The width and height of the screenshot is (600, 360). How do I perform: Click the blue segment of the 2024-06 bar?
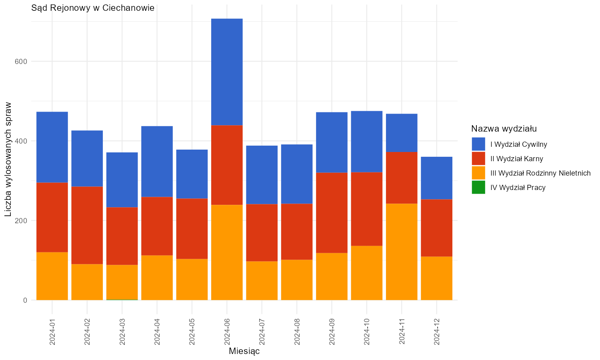click(227, 72)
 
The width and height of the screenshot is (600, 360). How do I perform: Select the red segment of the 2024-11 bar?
click(402, 178)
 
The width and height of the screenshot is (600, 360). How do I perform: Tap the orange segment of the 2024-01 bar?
click(52, 276)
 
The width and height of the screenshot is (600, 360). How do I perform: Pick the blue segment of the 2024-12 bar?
click(437, 178)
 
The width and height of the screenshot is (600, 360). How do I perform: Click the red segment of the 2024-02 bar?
click(87, 226)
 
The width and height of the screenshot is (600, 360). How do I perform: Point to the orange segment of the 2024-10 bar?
click(367, 273)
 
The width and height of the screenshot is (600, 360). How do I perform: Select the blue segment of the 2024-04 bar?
click(157, 162)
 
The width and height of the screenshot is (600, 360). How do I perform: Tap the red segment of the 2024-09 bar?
click(332, 213)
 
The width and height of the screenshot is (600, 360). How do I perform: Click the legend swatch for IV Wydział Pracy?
click(478, 187)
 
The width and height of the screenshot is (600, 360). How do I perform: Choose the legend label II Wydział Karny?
click(517, 159)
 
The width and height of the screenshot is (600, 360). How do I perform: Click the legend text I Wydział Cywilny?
click(518, 144)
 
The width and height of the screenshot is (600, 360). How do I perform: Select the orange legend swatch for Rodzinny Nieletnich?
click(478, 173)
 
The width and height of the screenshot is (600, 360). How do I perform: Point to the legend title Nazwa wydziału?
click(504, 129)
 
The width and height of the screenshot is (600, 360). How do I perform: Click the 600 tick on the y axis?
click(21, 61)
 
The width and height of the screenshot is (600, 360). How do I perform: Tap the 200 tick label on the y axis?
click(21, 221)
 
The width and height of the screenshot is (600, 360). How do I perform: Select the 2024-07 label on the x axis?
click(262, 332)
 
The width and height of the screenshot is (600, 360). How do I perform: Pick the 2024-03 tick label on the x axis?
click(122, 332)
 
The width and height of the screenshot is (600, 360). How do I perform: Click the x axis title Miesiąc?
click(244, 351)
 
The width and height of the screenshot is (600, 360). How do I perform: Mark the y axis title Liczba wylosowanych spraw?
click(8, 159)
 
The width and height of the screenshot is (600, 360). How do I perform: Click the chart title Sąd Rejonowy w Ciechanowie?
click(93, 8)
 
